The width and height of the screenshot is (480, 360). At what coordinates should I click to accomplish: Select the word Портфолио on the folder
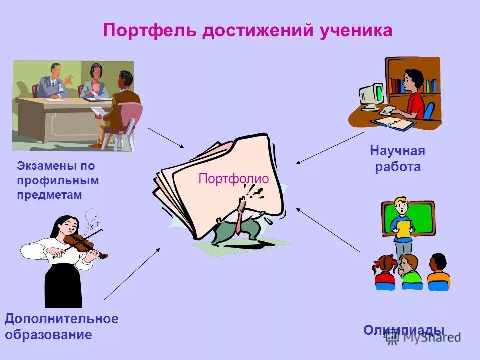coord(234,179)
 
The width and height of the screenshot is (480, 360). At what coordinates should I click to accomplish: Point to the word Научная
coord(397,151)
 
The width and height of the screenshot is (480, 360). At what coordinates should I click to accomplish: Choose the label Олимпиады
coord(404,330)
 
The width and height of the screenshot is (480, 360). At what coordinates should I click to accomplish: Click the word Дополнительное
coord(62,319)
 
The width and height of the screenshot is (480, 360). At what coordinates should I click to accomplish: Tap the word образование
coord(49,335)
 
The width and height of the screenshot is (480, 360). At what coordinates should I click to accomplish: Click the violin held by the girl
coord(82,243)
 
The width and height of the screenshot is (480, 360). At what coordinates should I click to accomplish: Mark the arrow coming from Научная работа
coord(329,148)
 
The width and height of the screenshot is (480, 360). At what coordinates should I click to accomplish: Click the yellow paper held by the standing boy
coord(403,228)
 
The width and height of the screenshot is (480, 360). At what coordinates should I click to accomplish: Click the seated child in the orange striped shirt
coord(438,272)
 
